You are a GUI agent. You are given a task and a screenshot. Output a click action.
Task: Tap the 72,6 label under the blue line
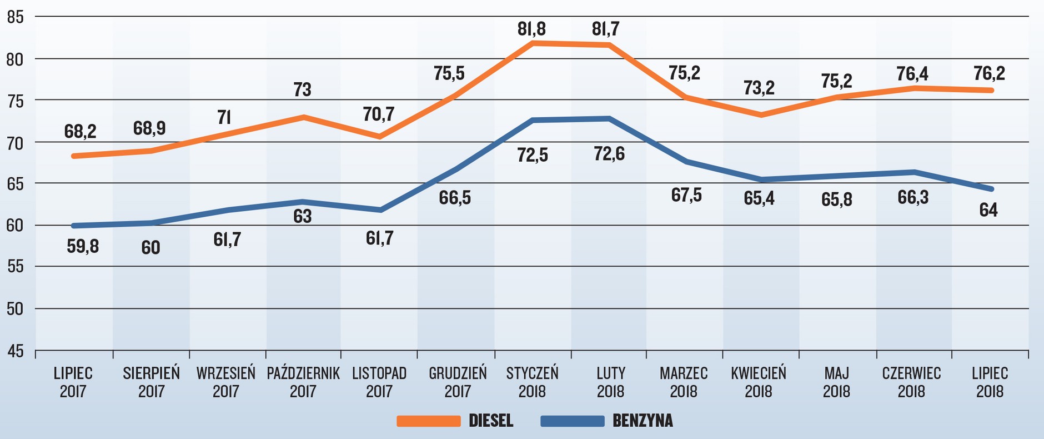click(x=609, y=153)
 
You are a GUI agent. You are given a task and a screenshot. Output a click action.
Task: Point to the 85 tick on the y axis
click(x=16, y=17)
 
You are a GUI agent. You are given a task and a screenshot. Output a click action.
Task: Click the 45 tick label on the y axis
click(x=16, y=351)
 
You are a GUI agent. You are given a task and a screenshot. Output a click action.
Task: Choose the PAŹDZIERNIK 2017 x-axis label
click(x=303, y=382)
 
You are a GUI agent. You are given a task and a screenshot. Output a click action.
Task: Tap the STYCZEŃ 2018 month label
click(x=532, y=382)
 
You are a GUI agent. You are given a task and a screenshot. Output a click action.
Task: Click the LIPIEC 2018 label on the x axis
click(x=990, y=382)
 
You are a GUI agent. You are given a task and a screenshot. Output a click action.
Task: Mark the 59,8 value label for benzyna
click(x=83, y=246)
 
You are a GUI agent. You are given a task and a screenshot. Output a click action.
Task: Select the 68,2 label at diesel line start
click(x=81, y=132)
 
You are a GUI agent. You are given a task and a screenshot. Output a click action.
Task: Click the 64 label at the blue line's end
click(x=988, y=210)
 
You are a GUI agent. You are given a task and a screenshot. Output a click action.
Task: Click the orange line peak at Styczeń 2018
click(x=533, y=43)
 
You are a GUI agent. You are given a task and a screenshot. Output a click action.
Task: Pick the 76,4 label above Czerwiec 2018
click(x=912, y=74)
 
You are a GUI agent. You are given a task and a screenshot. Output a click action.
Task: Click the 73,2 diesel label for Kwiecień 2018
click(x=759, y=88)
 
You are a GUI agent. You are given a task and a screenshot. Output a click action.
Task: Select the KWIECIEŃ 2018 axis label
click(x=759, y=382)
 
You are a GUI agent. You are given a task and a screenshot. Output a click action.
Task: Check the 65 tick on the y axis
click(x=16, y=183)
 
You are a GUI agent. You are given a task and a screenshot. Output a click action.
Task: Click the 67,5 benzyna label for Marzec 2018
click(x=686, y=196)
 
